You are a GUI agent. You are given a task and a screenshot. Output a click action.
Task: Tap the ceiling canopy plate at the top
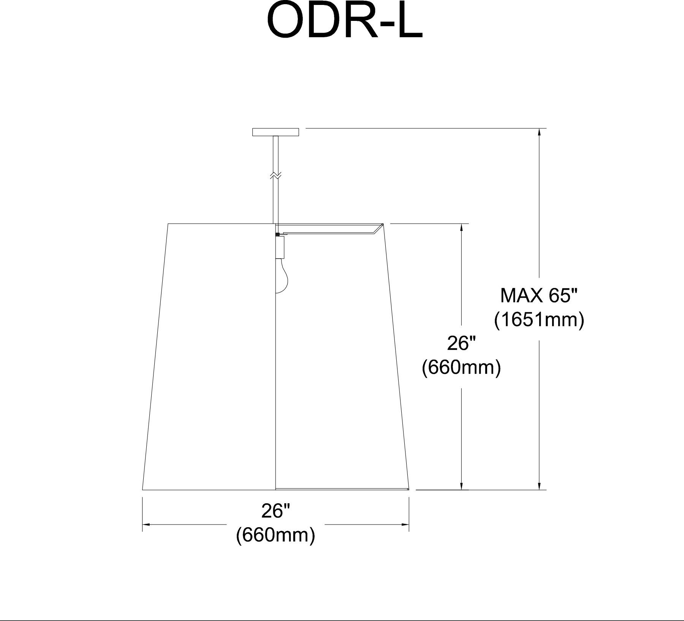pyautogui.click(x=275, y=132)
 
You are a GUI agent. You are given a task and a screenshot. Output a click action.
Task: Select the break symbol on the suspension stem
pyautogui.click(x=276, y=176)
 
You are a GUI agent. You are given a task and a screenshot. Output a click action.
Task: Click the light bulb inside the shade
pyautogui.click(x=282, y=276)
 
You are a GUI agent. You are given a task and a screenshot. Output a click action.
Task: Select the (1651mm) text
pyautogui.click(x=539, y=320)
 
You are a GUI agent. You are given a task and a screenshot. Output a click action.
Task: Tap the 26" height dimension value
pyautogui.click(x=461, y=344)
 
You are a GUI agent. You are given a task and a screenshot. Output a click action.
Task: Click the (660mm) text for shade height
pyautogui.click(x=461, y=368)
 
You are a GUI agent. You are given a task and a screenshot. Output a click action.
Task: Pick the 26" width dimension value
pyautogui.click(x=275, y=512)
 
